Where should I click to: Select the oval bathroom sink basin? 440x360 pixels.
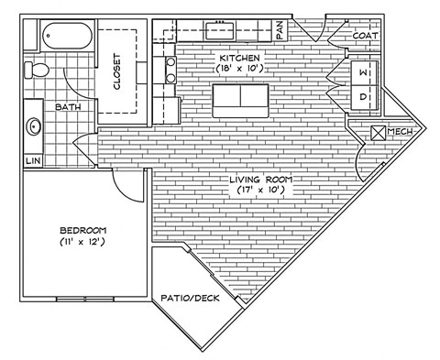point(35,125)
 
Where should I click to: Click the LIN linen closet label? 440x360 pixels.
point(33,161)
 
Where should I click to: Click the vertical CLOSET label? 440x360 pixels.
point(117,70)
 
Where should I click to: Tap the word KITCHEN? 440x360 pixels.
point(239,56)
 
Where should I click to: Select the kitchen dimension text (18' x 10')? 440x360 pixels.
point(239,68)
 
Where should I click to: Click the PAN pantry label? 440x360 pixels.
point(280,30)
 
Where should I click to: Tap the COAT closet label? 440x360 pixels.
point(365,36)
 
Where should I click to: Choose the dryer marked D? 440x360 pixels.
point(363,95)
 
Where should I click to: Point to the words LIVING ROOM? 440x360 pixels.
point(255,180)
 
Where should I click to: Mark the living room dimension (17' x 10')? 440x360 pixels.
point(255,191)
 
